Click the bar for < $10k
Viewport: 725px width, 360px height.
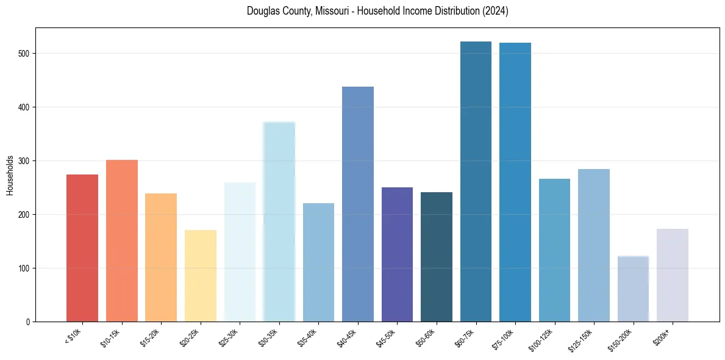82,248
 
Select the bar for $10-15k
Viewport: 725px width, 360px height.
121,240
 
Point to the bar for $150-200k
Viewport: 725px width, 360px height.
633,289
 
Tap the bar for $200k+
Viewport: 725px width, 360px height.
673,275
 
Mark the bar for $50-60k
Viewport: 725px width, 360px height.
437,257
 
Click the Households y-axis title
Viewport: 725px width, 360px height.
10,175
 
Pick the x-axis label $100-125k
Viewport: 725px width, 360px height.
543,339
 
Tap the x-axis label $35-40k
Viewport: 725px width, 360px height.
309,338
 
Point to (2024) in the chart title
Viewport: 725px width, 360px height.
495,11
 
